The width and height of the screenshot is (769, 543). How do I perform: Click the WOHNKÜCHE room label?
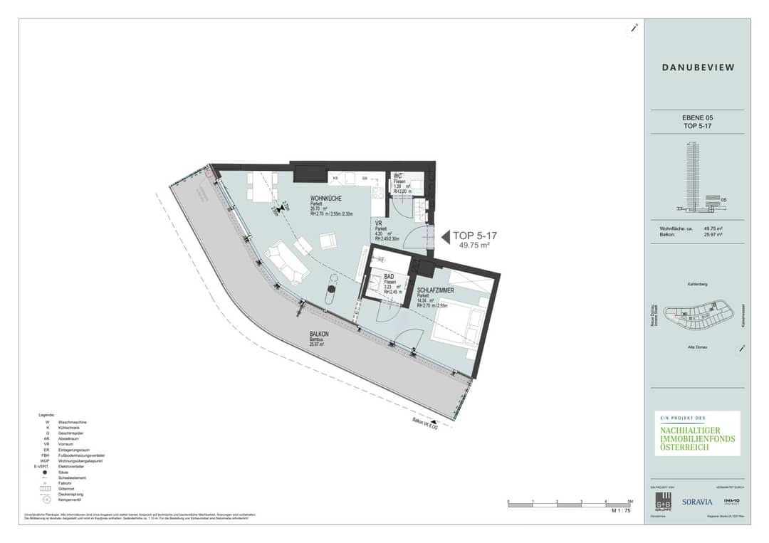coord(326,199)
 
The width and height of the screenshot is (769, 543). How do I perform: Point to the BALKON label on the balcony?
coord(319,334)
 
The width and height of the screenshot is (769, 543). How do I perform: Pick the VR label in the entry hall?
coord(379,223)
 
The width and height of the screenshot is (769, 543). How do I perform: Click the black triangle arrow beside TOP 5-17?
coord(446,236)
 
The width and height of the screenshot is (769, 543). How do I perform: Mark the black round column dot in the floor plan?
coord(331,289)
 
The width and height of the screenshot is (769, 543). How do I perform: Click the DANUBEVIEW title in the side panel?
coord(698,68)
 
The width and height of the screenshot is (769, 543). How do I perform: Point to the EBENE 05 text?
coord(698,117)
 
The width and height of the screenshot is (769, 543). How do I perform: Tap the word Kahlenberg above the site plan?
coord(698,284)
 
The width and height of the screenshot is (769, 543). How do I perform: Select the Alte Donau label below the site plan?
coord(698,346)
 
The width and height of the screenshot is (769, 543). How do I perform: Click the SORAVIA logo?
coord(696,501)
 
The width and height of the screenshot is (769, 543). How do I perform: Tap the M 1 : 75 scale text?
coord(622,511)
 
